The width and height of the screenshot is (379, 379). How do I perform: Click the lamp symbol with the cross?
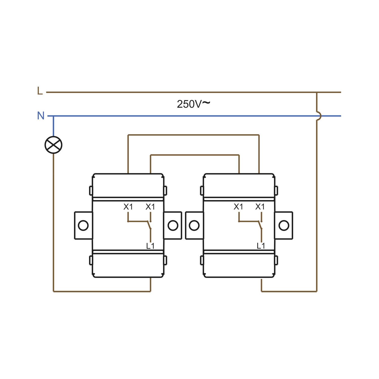coord(53,145)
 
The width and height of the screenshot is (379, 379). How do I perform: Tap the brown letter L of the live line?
coord(40,91)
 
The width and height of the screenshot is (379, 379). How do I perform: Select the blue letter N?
coord(41,116)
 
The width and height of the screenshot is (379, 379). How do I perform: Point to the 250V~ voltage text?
coord(193,104)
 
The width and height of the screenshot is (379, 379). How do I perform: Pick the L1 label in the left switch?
coord(150,246)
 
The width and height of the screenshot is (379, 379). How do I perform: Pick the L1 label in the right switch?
coord(261,246)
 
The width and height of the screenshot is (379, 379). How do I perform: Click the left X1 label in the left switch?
coord(128,207)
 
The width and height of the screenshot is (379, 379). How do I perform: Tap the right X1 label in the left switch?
coord(150,207)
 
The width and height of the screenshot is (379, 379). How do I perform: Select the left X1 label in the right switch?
coord(238,207)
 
